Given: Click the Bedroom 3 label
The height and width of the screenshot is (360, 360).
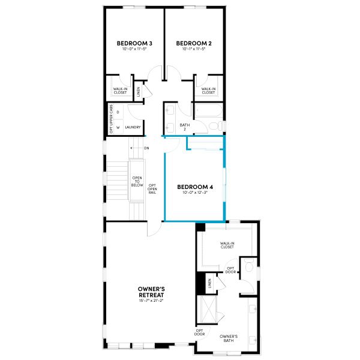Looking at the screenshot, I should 134,43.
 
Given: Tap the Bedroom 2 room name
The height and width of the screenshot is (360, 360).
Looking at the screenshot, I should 194,43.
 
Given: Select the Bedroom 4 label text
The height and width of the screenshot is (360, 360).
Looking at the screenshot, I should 195,187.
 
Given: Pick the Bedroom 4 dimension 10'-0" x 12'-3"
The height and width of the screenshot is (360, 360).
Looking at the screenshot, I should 195,193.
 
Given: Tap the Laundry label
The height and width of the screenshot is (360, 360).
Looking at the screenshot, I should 133,127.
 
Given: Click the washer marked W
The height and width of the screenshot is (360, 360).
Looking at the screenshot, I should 118,127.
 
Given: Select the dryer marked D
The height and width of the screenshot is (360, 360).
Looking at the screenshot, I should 118,112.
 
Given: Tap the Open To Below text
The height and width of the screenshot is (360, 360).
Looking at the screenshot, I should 136,182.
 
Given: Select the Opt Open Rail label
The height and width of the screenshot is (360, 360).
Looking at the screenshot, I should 152,189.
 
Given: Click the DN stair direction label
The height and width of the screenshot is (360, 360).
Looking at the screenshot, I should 146,148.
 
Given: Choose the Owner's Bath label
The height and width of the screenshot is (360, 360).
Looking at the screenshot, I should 229,338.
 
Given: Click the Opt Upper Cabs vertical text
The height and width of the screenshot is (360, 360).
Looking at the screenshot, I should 110,119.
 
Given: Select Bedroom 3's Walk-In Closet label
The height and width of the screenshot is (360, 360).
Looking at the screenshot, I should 120,91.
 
